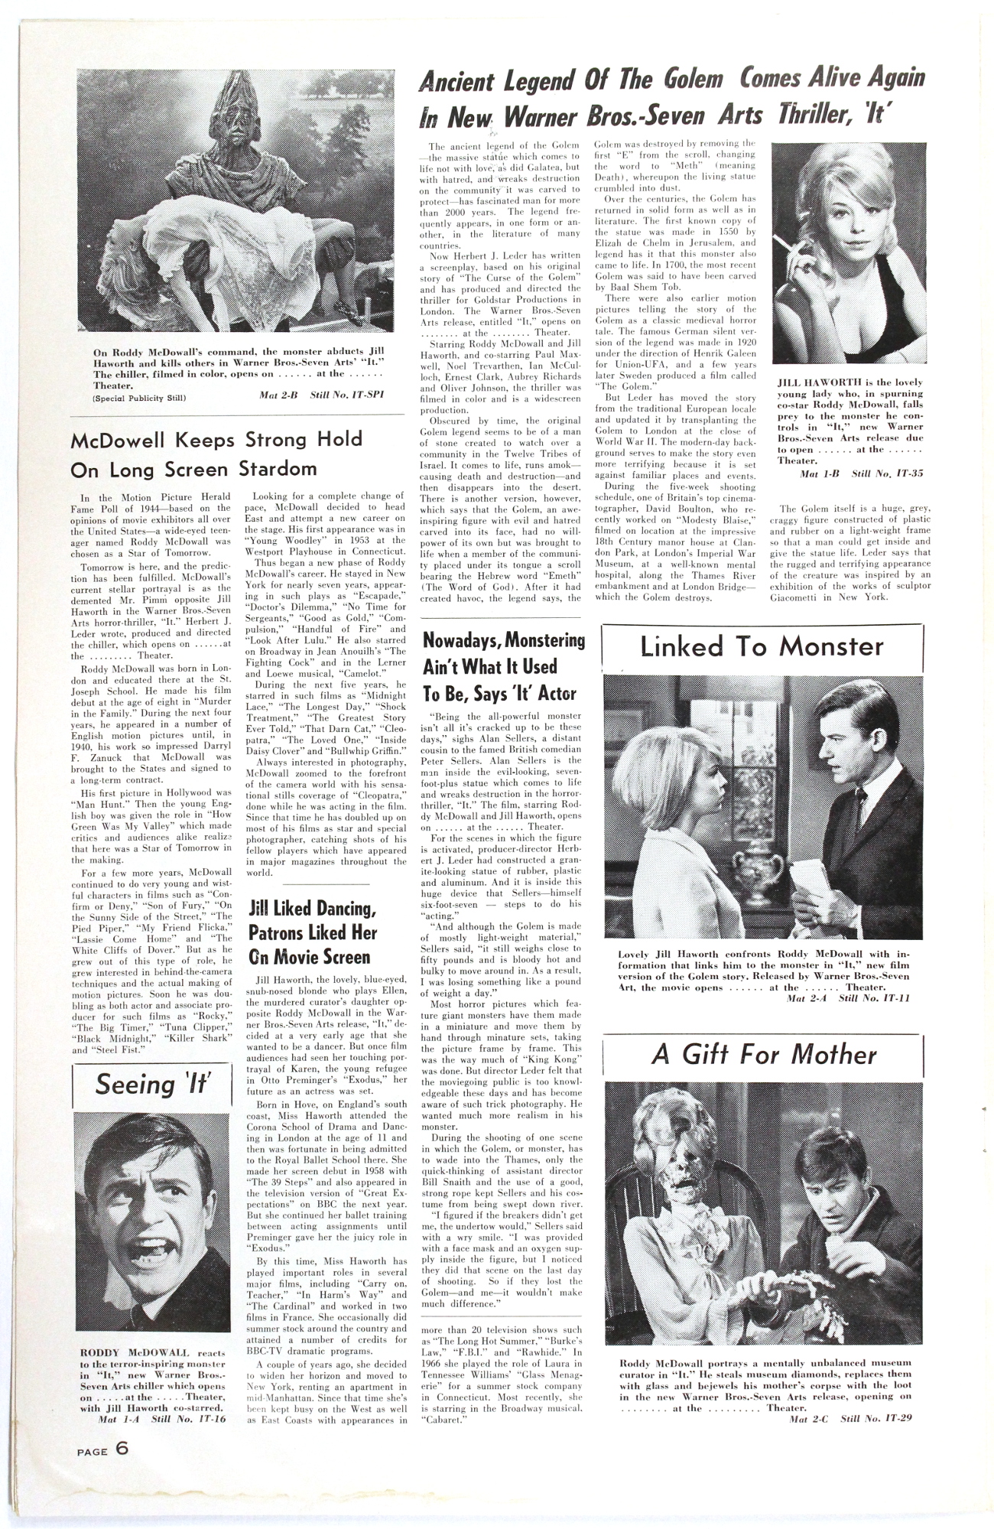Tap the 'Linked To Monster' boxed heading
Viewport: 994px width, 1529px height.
762,647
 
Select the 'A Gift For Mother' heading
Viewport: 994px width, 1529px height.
763,1055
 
